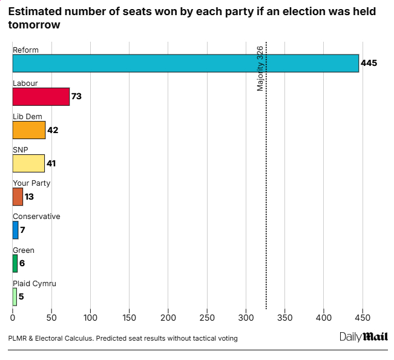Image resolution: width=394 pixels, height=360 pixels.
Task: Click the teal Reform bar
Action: (x=185, y=64)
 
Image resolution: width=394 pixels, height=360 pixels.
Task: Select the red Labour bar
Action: (x=41, y=97)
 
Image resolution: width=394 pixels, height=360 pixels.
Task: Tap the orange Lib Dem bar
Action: (x=29, y=130)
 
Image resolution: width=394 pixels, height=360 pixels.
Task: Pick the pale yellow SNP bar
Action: (x=28, y=163)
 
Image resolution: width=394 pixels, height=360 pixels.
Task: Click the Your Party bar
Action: (x=18, y=197)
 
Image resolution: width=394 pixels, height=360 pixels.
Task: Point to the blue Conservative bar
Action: (x=16, y=230)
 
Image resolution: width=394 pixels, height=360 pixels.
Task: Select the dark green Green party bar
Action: (x=15, y=263)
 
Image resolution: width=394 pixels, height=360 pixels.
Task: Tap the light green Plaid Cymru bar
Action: (x=15, y=296)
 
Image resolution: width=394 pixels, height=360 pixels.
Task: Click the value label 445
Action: (x=369, y=63)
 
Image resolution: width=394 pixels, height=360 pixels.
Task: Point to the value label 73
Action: (x=76, y=97)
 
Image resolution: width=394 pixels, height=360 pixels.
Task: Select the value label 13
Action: (x=29, y=197)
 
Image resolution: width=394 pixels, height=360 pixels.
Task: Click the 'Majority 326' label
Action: (x=260, y=68)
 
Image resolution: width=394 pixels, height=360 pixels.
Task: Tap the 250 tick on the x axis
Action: (x=168, y=317)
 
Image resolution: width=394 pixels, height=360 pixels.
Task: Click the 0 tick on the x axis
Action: (x=13, y=317)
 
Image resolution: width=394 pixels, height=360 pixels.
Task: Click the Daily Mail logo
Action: (x=363, y=337)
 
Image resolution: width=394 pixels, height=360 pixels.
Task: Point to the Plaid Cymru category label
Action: (x=34, y=283)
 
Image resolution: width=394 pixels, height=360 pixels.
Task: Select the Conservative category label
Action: (x=36, y=217)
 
